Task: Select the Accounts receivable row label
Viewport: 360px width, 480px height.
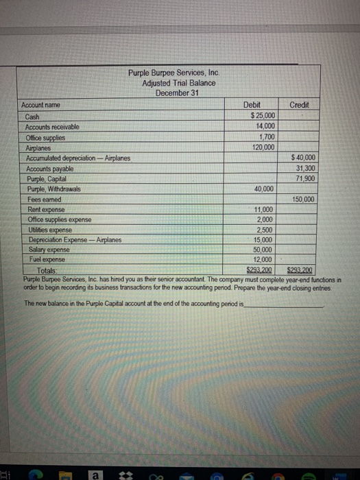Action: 52,127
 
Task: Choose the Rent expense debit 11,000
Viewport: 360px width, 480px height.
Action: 263,209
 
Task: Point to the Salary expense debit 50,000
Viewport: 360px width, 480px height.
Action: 263,250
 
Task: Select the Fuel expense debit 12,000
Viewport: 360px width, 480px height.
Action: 263,260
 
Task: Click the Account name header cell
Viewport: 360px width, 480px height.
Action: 40,105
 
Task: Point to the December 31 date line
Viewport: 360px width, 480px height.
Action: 178,93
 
